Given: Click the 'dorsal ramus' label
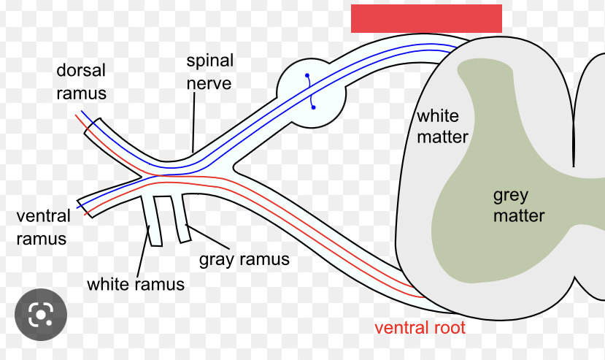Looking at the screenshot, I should pos(82,82).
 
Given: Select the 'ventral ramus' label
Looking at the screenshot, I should pos(43,227).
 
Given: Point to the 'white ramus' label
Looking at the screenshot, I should pos(135,283).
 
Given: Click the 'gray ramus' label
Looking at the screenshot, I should pos(244,258).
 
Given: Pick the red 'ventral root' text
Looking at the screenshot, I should pos(420,327).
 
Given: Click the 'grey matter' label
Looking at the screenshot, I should pos(518,205).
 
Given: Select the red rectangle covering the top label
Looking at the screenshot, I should pos(426,18).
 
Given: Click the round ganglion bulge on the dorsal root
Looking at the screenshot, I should pos(310,92).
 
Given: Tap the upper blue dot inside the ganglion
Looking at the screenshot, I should pos(307,75).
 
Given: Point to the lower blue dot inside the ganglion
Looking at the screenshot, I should pos(313,108).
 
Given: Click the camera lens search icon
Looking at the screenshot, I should pos(40,315).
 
